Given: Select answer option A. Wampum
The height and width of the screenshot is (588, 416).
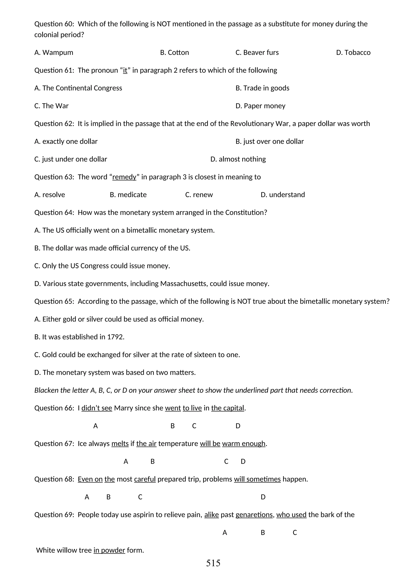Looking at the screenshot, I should click(x=54, y=53).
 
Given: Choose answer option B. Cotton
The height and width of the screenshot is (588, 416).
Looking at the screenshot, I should click(x=174, y=53).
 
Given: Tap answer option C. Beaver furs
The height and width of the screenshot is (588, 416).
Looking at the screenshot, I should click(x=257, y=53).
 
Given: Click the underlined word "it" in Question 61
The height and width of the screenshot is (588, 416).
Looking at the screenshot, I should click(x=125, y=70).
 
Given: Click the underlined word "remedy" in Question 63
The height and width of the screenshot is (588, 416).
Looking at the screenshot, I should click(x=124, y=177).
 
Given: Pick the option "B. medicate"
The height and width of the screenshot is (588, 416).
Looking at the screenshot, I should click(x=128, y=195).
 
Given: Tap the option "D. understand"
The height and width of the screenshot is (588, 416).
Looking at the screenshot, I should click(x=283, y=195).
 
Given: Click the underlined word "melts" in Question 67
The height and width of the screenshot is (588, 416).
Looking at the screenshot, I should click(x=120, y=444).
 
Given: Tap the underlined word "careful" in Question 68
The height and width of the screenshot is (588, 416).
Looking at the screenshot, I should click(x=145, y=479).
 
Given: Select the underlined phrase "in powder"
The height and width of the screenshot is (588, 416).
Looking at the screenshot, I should click(x=109, y=550).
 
